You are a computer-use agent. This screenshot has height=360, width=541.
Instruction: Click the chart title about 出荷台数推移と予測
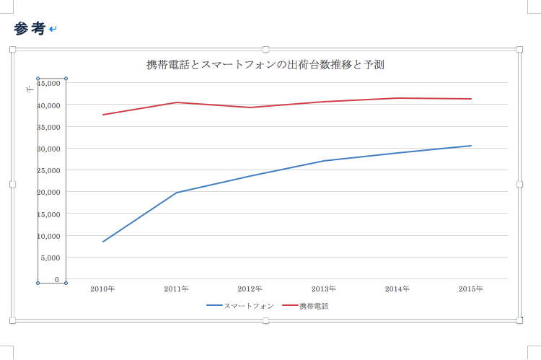(265, 65)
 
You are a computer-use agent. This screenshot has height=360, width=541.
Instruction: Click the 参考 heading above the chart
(30, 29)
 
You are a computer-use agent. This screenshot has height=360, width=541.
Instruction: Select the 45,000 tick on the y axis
(49, 83)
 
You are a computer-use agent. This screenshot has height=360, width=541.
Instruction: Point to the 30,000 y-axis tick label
(49, 149)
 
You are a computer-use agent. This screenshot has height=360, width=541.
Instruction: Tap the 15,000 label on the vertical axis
(49, 214)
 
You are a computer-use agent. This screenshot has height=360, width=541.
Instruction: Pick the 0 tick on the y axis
(56, 279)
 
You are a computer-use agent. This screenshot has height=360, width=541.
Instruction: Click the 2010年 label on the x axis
(102, 289)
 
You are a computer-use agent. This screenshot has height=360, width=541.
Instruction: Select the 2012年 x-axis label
(250, 289)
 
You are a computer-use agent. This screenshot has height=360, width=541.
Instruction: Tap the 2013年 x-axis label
(324, 289)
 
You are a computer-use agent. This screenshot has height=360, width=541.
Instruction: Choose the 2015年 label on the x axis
(471, 289)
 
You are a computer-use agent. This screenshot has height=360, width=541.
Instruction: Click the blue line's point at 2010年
(103, 242)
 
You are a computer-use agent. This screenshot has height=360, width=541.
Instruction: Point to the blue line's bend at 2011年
(177, 193)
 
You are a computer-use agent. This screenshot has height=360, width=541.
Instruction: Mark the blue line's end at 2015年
(471, 146)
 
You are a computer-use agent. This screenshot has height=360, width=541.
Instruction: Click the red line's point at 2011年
(177, 102)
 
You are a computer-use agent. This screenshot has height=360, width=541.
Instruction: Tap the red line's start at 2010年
(103, 115)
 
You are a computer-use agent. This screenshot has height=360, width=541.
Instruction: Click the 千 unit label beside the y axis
(30, 88)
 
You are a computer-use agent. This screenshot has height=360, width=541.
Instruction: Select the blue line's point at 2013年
(324, 161)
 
